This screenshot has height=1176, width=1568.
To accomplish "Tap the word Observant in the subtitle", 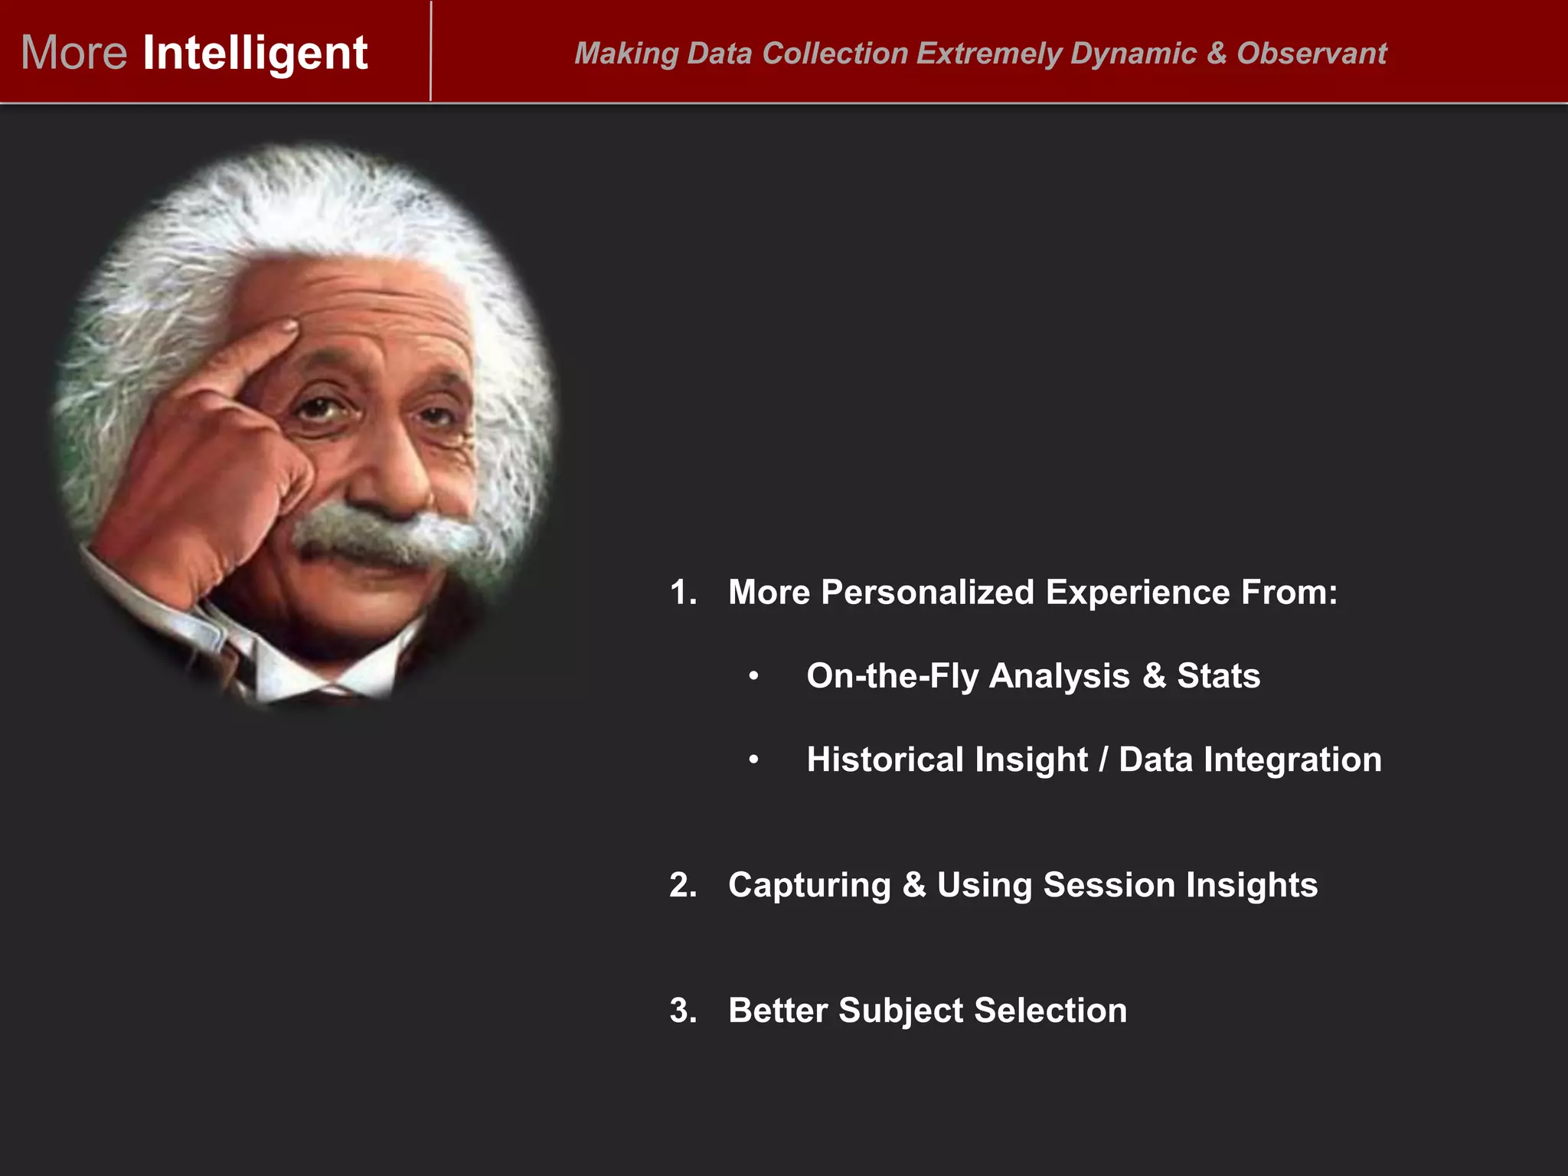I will [x=1312, y=54].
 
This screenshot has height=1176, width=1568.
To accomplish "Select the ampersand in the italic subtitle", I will [x=1217, y=54].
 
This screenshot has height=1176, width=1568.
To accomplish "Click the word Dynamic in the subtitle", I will [x=1133, y=54].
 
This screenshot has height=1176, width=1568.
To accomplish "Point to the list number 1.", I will [x=682, y=592].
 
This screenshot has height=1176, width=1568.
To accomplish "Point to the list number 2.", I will [x=682, y=885].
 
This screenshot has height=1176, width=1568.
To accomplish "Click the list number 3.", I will [x=682, y=1011].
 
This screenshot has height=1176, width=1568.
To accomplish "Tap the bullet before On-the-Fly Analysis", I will [x=754, y=676].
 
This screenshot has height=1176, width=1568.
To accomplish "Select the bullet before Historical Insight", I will [x=754, y=760].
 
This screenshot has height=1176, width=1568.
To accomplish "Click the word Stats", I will [x=1218, y=676].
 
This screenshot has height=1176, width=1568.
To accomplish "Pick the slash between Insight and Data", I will [x=1103, y=760].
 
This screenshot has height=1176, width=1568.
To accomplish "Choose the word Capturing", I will [x=809, y=885].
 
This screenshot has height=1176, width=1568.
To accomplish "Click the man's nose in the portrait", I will [x=390, y=475].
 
